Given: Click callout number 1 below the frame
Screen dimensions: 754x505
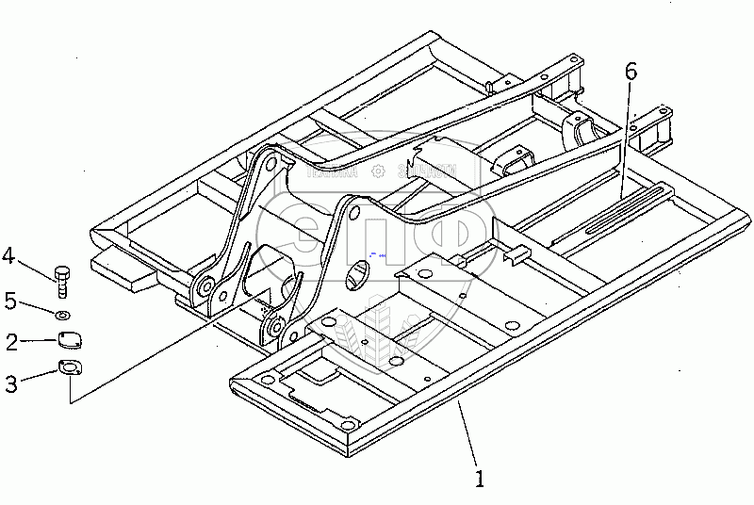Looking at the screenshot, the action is coord(481,478).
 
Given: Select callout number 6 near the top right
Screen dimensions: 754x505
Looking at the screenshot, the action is coord(631,72).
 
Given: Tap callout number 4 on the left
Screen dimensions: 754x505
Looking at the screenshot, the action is coord(8,254).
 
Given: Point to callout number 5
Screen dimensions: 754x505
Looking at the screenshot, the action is coord(10,301).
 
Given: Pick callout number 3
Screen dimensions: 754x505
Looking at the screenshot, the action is coord(10,383).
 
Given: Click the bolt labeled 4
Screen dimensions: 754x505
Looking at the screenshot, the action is coord(62,280).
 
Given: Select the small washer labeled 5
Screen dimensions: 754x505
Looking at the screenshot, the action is coord(62,314).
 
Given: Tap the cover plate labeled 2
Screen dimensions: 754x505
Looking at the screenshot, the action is coord(69,340).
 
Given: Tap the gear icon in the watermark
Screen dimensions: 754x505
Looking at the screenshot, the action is coord(378,171).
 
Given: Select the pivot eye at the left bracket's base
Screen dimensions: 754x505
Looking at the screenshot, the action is coord(203,286).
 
